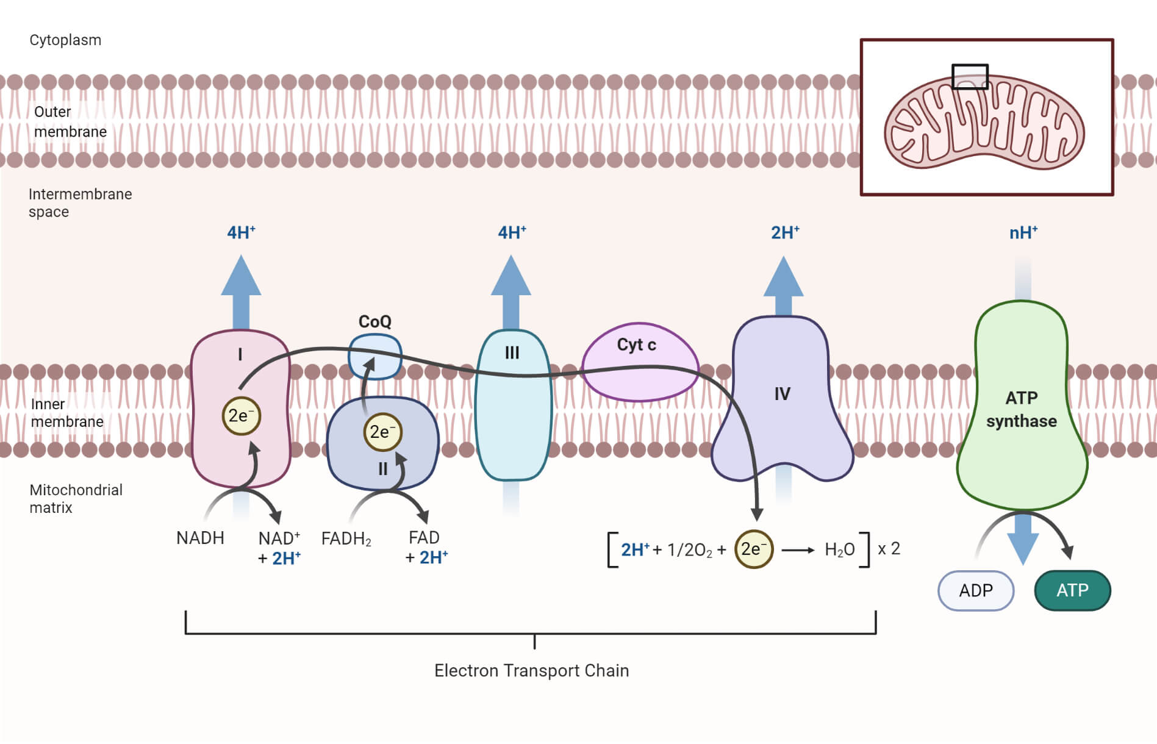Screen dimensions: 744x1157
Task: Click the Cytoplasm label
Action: (65, 40)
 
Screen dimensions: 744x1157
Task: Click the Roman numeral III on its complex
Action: (512, 353)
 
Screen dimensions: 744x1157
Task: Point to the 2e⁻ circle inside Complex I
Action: (241, 416)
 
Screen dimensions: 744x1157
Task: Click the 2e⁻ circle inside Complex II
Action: (382, 432)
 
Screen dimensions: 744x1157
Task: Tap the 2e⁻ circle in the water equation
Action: (753, 549)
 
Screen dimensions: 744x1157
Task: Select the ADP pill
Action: (975, 590)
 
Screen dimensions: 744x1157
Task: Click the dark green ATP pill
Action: (1072, 590)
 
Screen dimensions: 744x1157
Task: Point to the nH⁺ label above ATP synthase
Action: (1023, 233)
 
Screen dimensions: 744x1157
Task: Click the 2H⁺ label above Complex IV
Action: (784, 233)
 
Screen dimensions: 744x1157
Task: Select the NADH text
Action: (200, 538)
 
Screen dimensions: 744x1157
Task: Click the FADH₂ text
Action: (346, 539)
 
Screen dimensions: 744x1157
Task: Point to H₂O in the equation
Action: (839, 550)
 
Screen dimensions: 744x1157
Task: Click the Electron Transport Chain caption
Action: (531, 671)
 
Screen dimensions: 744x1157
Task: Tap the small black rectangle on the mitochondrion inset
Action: (970, 77)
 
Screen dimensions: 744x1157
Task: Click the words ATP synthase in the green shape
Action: (1022, 409)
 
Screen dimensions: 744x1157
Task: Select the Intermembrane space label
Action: (80, 203)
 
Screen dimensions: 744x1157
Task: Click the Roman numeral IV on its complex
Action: (782, 394)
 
